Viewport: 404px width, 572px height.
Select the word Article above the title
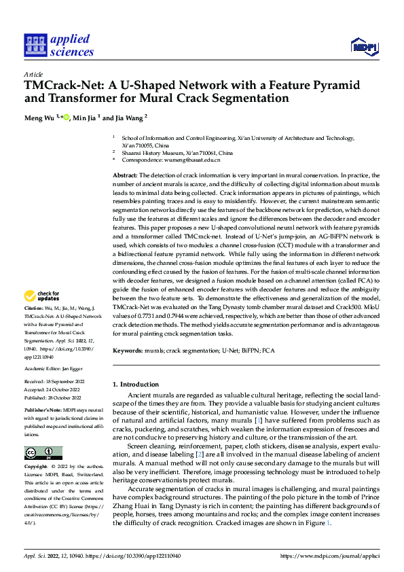33,74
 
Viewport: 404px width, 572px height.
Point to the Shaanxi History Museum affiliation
177,153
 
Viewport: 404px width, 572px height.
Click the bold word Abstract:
126,175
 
